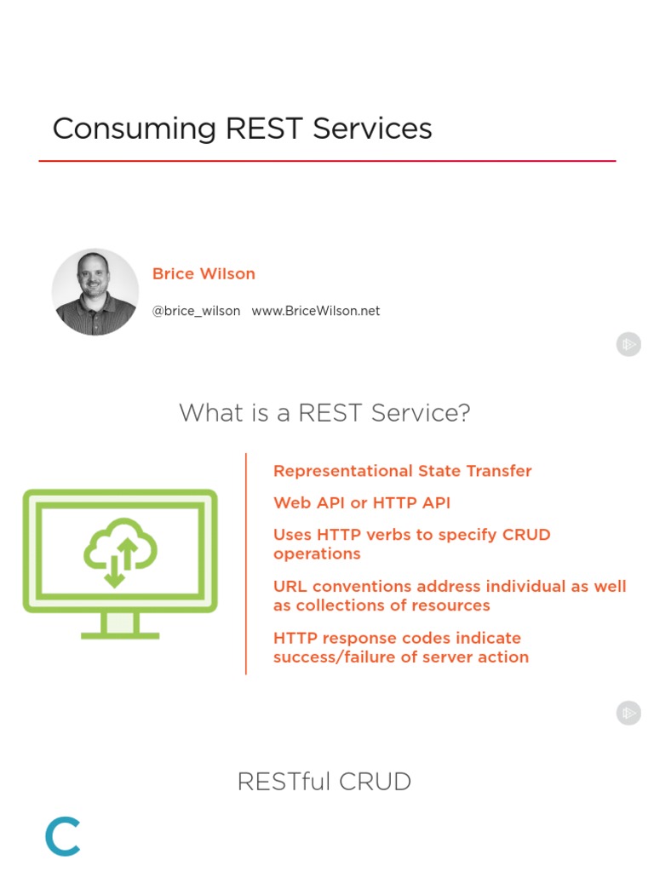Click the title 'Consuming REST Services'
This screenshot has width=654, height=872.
click(242, 129)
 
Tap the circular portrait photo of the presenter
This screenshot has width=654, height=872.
click(95, 292)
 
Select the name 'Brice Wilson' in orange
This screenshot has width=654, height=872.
click(204, 273)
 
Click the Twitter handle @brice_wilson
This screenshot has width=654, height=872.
click(196, 311)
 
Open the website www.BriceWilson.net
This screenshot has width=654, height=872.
click(316, 311)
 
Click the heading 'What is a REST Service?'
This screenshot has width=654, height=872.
click(324, 413)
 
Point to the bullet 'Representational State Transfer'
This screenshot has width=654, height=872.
click(402, 471)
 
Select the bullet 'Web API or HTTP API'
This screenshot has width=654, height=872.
click(361, 502)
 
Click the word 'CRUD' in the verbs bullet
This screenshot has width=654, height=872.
click(525, 535)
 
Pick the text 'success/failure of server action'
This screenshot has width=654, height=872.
click(400, 657)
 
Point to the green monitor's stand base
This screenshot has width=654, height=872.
click(120, 634)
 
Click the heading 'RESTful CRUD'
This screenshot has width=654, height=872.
click(324, 781)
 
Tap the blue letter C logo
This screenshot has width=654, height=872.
click(63, 836)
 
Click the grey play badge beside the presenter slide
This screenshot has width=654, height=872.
click(628, 344)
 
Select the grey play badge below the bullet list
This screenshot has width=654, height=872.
click(628, 713)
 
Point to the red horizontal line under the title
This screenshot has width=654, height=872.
click(327, 161)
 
